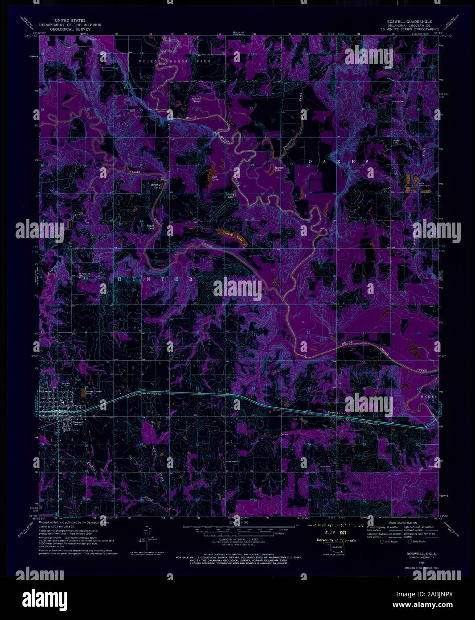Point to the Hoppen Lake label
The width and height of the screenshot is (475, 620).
coord(278,169)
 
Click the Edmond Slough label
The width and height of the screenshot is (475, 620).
coord(196,99)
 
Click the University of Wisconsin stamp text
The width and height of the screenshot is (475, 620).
coord(332,541)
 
